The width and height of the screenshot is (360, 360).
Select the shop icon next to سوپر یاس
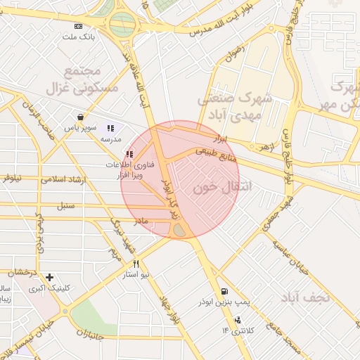(x=82, y=117)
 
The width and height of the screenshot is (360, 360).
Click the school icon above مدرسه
(x=110, y=129)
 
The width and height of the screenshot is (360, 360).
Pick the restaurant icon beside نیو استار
(x=127, y=264)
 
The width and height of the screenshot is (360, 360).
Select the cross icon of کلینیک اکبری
(x=49, y=278)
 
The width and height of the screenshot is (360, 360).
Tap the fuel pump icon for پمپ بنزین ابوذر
(x=224, y=290)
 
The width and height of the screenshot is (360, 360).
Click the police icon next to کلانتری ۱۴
(x=237, y=320)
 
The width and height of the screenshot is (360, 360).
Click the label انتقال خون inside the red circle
(x=212, y=188)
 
